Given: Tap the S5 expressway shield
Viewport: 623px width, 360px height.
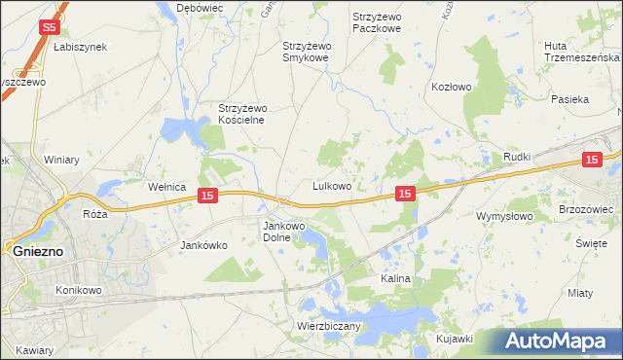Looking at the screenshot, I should (x=52, y=29).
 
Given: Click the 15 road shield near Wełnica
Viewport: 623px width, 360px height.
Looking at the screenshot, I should (x=206, y=197).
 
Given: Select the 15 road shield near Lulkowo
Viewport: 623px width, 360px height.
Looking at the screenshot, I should (x=407, y=195).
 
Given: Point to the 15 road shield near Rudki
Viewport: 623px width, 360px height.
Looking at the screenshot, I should (x=591, y=161).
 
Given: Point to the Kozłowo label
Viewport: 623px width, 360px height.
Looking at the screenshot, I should (x=451, y=87).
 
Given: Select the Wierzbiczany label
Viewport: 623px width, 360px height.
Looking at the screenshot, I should (x=330, y=326).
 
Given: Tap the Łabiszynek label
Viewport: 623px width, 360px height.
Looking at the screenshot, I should (x=80, y=47).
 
